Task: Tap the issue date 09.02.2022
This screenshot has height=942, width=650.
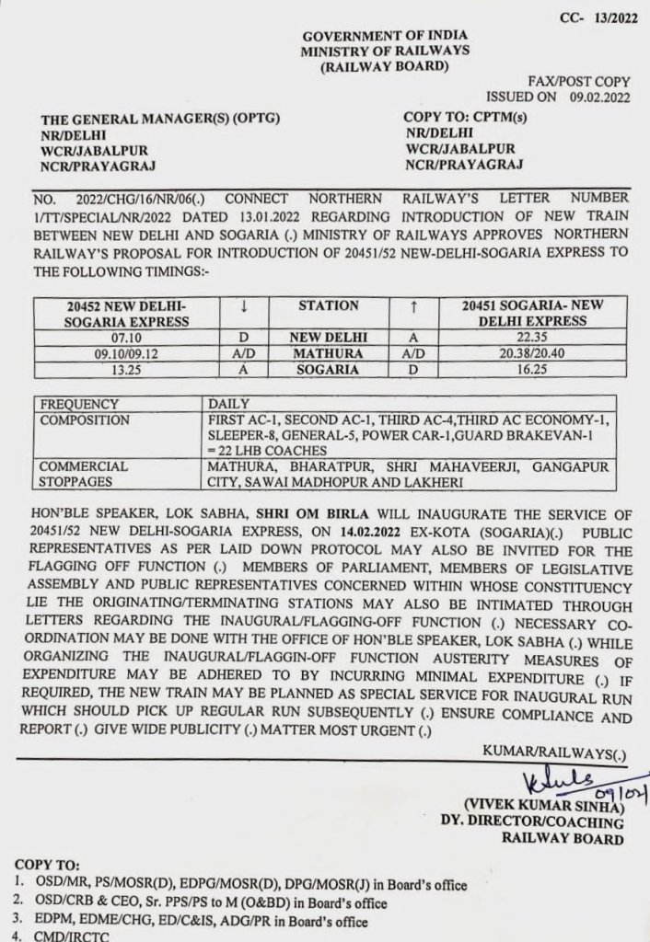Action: [x=600, y=96]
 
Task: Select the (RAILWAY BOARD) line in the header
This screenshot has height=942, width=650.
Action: [x=371, y=66]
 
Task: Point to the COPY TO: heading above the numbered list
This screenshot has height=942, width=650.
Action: [x=47, y=867]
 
